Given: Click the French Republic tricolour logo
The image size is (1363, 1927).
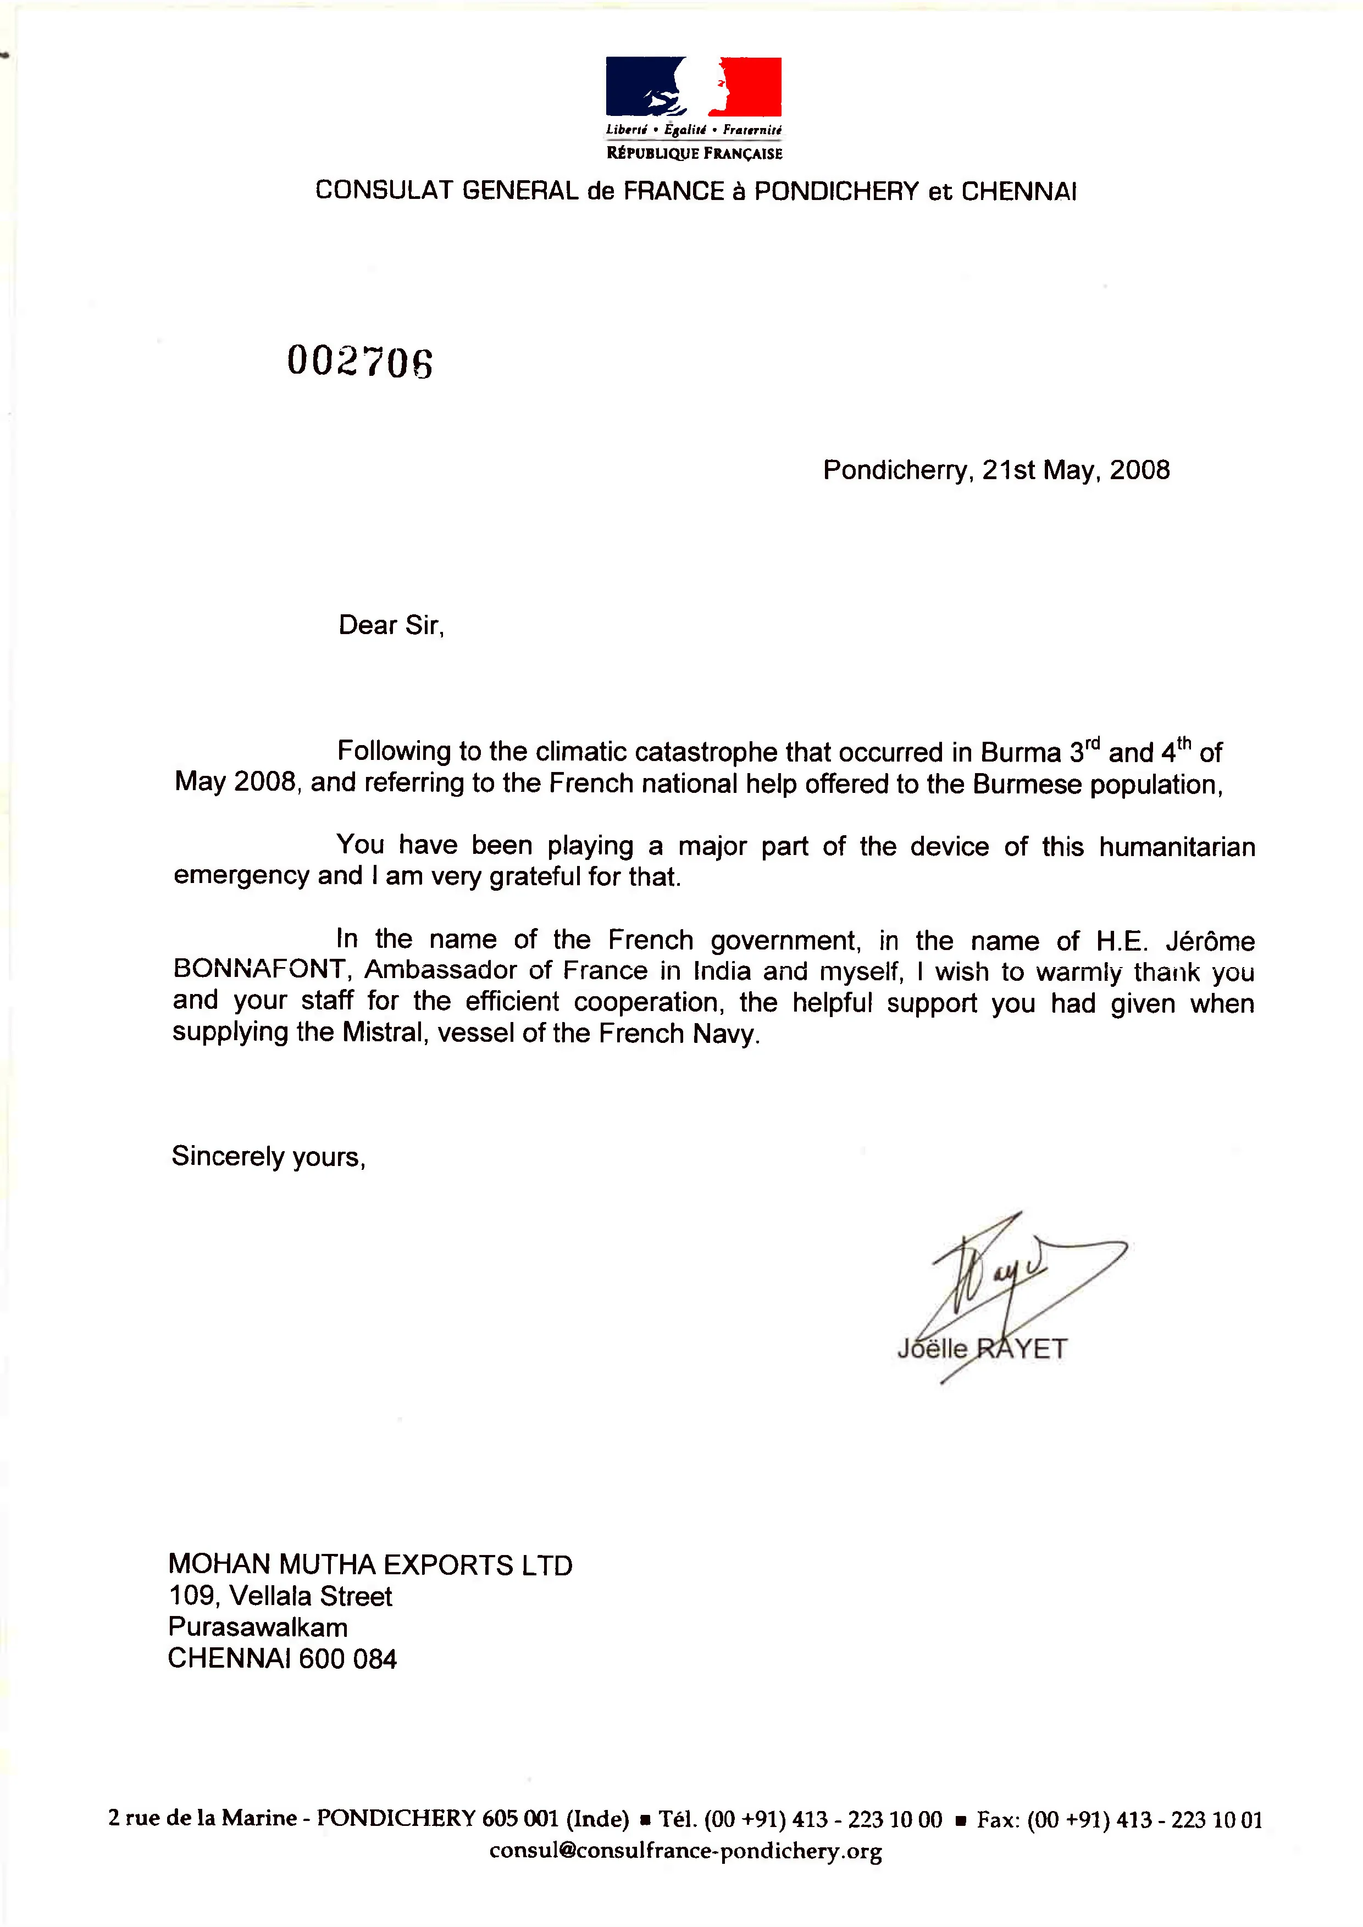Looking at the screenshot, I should pyautogui.click(x=693, y=86).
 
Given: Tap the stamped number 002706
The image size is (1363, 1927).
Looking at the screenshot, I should pyautogui.click(x=360, y=362).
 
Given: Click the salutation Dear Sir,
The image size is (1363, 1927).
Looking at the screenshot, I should pyautogui.click(x=391, y=625).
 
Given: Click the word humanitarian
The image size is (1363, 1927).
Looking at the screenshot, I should pyautogui.click(x=1177, y=847).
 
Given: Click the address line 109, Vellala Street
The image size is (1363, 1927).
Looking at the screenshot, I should pyautogui.click(x=280, y=1596).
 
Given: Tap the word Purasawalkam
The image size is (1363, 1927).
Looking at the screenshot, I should pyautogui.click(x=258, y=1628).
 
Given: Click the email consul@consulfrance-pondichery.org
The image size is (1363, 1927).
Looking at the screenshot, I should pyautogui.click(x=685, y=1851).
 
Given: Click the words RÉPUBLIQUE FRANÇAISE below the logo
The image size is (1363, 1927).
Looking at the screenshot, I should pyautogui.click(x=694, y=153).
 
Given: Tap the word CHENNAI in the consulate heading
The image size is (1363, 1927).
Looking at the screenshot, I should pyautogui.click(x=1018, y=191).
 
